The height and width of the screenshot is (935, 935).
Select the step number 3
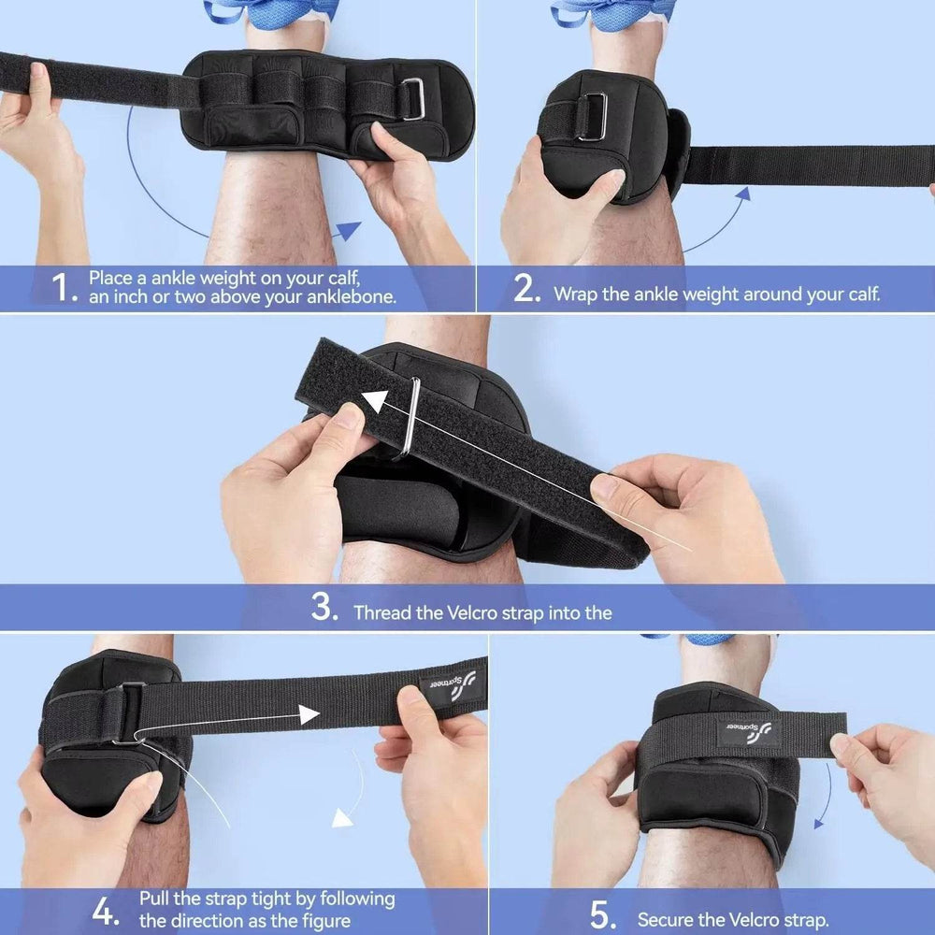[324, 610]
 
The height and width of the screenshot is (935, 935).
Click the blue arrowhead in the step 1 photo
[347, 230]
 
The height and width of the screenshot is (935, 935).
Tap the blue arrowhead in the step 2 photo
[742, 194]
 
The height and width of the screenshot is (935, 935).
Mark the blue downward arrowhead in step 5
[820, 822]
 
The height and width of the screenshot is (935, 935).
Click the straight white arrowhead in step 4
[310, 715]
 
